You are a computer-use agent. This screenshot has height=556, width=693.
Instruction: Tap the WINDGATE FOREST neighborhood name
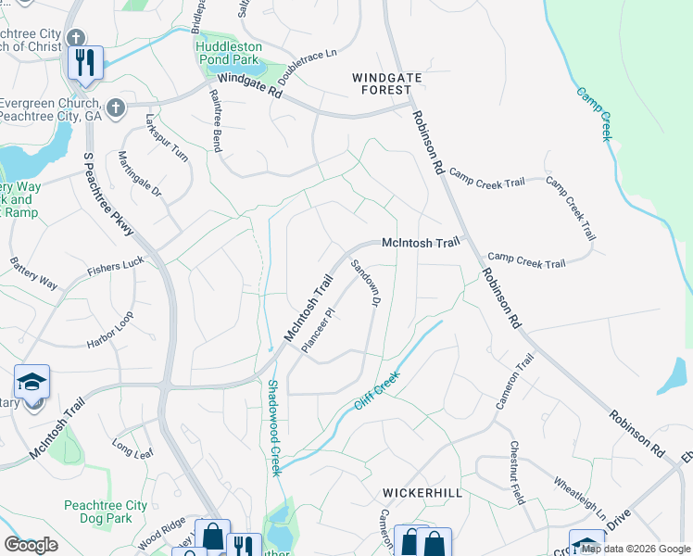[x=381, y=83]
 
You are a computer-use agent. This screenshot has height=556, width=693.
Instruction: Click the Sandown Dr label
[x=365, y=284]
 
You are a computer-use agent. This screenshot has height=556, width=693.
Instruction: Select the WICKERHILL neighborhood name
[x=422, y=493]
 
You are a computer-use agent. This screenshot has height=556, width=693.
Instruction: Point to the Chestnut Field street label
[x=516, y=472]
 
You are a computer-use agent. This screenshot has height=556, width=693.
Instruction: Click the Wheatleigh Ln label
[x=580, y=498]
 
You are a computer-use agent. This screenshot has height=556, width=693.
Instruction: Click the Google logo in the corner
[x=31, y=544]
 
